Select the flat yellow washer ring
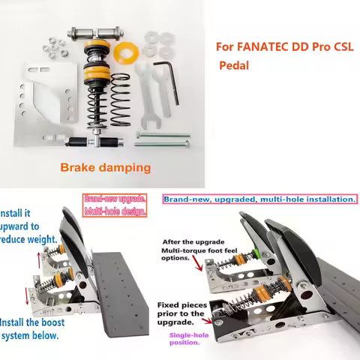[124, 52]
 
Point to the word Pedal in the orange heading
[234, 65]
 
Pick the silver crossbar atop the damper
[97, 34]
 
